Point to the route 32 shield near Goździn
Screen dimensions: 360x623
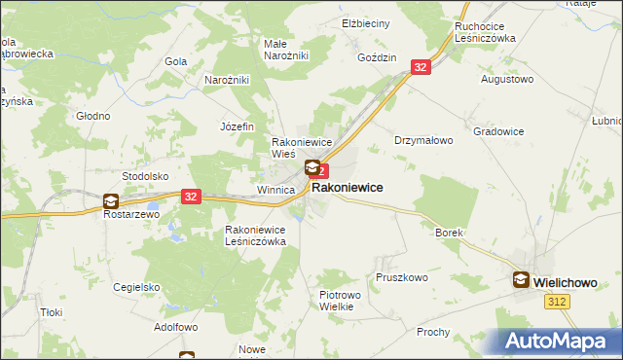coord(420,67)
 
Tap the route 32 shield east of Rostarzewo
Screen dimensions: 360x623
coord(190,196)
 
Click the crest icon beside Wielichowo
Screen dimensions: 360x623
coord(521,280)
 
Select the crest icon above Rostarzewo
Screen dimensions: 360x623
coord(111,201)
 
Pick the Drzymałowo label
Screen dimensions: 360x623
coord(423,140)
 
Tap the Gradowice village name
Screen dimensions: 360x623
coord(498,130)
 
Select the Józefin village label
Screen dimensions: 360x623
coord(237,126)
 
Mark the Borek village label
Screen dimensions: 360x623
coord(449,234)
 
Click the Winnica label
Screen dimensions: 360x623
coord(275,190)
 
